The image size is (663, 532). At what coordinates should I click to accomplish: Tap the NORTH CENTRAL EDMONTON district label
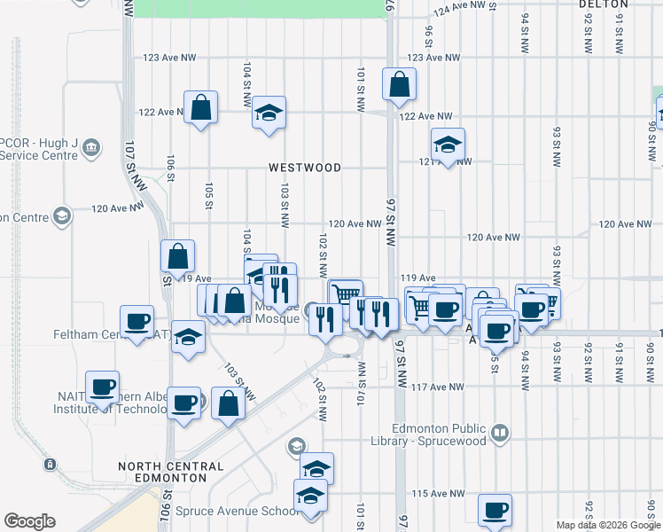(171, 472)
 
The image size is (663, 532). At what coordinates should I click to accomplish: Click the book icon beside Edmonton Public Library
(501, 433)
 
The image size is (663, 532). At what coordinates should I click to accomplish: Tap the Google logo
(29, 521)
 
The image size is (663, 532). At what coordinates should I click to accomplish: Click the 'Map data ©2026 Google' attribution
(607, 525)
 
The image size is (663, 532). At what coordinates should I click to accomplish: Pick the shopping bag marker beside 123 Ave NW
(400, 84)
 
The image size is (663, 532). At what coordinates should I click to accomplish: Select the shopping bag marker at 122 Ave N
(201, 107)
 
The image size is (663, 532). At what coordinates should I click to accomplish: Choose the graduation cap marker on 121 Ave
(448, 145)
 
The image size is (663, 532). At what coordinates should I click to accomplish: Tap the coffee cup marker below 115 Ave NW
(495, 510)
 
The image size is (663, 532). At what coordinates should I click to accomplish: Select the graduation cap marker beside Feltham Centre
(187, 337)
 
